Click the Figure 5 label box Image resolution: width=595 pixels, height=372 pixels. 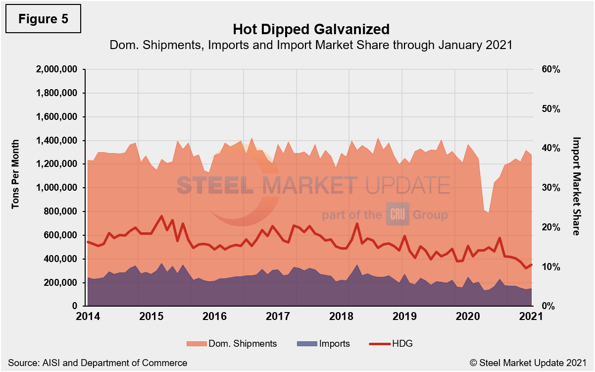(x=43, y=19)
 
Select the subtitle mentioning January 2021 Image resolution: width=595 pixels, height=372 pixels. (x=310, y=45)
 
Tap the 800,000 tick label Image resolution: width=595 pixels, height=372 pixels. (x=60, y=212)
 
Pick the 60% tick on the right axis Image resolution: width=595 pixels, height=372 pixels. (x=550, y=69)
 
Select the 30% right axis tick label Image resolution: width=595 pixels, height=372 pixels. (x=550, y=188)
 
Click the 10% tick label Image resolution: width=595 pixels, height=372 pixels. (x=550, y=267)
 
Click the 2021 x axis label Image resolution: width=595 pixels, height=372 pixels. (x=531, y=316)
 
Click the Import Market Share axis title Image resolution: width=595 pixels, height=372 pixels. (x=576, y=186)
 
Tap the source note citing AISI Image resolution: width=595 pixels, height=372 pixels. (x=98, y=363)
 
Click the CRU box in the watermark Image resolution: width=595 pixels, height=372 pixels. (x=397, y=215)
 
